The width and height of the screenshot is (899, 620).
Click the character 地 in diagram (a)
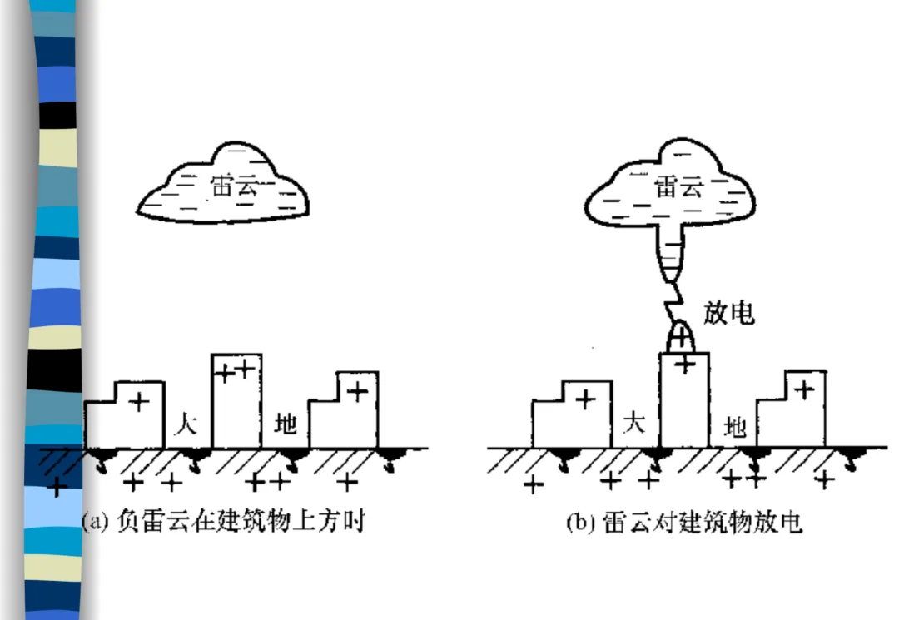click(286, 425)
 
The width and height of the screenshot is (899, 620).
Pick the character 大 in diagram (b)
click(634, 424)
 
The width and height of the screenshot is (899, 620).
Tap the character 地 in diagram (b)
click(735, 427)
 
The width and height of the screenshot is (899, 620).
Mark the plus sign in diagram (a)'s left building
click(140, 402)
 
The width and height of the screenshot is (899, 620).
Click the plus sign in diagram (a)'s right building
click(358, 391)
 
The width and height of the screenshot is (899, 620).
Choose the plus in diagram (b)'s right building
click(804, 389)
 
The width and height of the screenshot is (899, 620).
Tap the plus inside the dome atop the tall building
click(683, 337)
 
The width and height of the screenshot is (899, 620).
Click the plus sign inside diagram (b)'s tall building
click(684, 365)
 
